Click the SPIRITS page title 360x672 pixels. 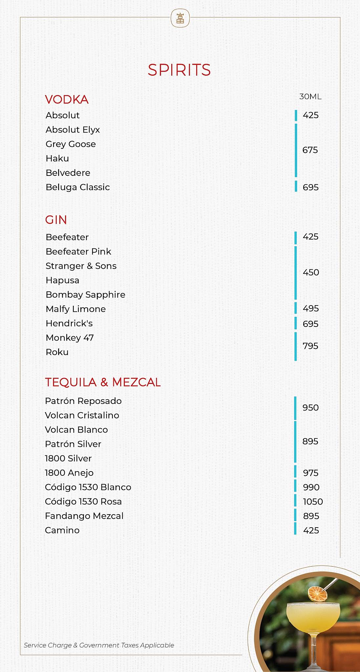point(179,70)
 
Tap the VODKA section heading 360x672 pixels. point(67,99)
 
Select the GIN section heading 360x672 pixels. point(56,220)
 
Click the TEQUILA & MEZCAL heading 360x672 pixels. point(103,382)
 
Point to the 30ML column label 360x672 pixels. point(310,96)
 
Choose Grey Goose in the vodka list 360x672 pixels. point(71,144)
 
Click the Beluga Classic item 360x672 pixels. point(78,187)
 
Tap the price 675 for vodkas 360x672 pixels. point(310,150)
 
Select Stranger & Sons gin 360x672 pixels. point(81,266)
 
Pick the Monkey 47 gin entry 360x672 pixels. point(70,338)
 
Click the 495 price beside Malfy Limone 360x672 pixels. point(311,308)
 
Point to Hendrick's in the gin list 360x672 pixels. point(69,323)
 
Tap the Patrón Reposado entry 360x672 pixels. point(83,401)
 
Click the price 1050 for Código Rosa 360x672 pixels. point(313,502)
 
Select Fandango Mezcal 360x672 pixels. point(84,516)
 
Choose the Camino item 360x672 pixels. point(62,530)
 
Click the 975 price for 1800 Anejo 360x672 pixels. point(311,473)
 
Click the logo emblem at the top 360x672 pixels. point(180,18)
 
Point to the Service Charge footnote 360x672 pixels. point(99,645)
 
